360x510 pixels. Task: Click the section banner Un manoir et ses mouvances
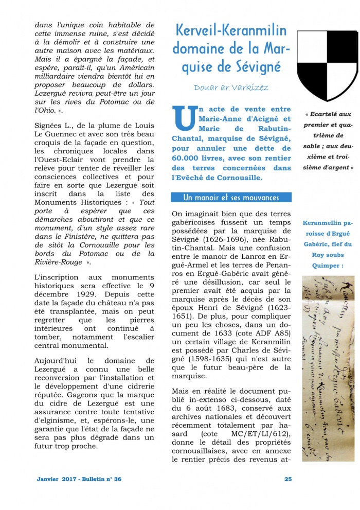click(x=231, y=198)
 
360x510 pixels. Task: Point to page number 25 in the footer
click(x=288, y=479)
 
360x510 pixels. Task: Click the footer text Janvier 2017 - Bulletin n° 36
click(x=79, y=479)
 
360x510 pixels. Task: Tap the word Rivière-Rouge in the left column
click(x=58, y=262)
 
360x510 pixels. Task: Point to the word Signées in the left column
click(x=48, y=125)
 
